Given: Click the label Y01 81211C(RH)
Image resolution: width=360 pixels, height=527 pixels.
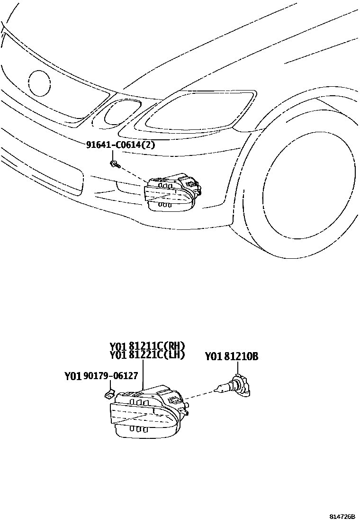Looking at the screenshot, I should (147, 345).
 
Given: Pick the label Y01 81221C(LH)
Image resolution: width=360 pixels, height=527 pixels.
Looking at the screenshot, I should (147, 354).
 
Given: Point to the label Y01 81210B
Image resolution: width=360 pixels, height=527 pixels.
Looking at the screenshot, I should (231, 356).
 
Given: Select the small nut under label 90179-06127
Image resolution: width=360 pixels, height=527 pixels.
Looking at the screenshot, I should (108, 393).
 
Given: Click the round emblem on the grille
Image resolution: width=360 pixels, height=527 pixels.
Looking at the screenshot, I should (39, 83).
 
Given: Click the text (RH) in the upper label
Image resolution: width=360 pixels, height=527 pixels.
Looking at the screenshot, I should (175, 345).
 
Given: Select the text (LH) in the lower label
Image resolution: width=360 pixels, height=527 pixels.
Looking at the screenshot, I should (175, 354).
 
